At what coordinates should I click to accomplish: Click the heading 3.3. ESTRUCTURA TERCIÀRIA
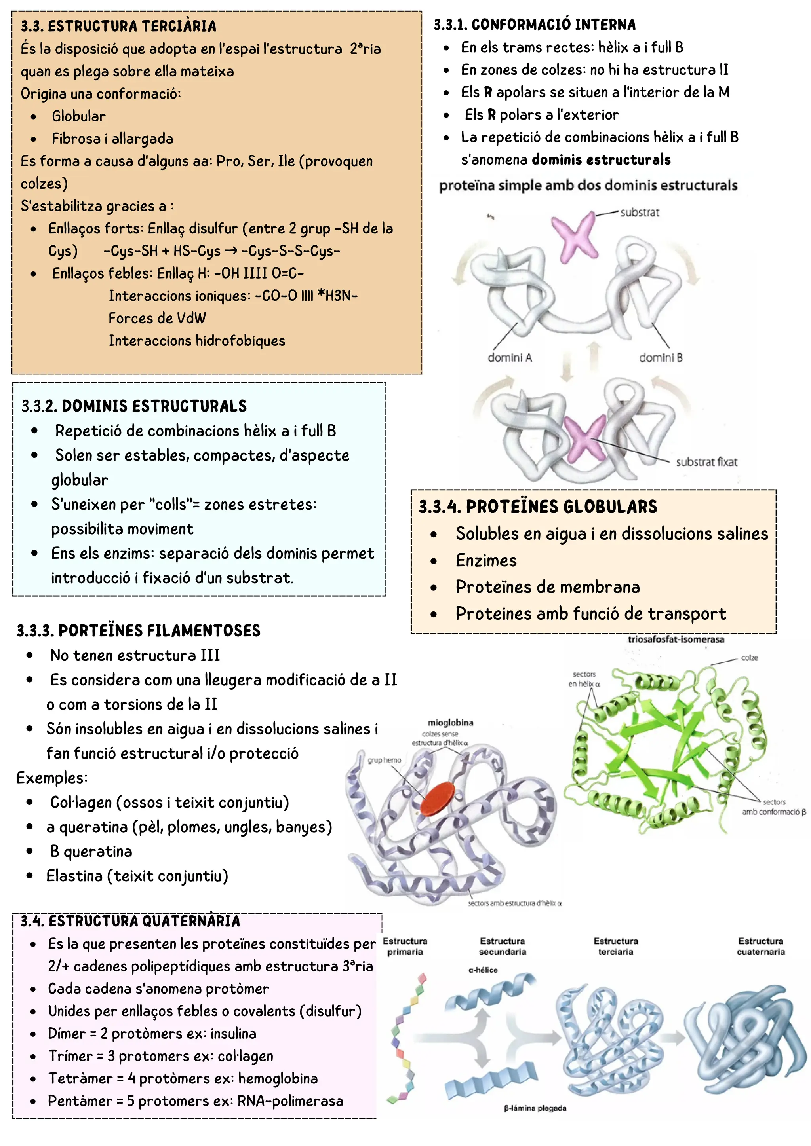point(118,26)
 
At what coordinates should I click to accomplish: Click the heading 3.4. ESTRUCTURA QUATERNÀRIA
point(130,921)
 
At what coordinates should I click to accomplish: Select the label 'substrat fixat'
point(706,462)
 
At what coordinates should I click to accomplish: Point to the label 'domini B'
point(661,357)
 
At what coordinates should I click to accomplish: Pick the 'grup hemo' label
point(384,760)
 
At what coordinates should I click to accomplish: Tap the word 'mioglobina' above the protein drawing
point(450,722)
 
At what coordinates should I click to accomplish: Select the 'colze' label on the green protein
point(749,658)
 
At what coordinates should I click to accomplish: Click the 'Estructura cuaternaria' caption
point(761,946)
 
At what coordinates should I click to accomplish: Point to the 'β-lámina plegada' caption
point(535,1108)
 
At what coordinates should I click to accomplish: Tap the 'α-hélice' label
point(483,970)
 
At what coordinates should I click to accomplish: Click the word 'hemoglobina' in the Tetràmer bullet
point(277,1079)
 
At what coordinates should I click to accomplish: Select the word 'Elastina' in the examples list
point(74,875)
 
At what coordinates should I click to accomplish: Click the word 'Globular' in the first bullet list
point(78,116)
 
